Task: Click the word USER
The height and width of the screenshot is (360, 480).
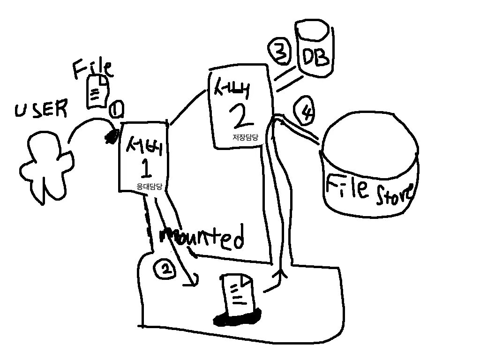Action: [41, 110]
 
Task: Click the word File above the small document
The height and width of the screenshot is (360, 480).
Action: [92, 68]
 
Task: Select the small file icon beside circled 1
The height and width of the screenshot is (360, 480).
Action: [97, 91]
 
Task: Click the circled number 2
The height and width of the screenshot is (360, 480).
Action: [165, 269]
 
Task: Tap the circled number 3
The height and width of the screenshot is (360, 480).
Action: [280, 53]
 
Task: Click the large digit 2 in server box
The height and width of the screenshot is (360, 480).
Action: [241, 117]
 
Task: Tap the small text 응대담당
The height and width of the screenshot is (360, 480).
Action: [149, 186]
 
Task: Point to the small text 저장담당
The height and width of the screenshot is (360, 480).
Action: [245, 137]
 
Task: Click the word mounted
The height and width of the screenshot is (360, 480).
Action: [202, 237]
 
